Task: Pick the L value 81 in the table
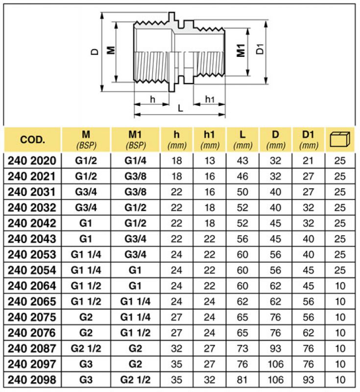pyautogui.click(x=242, y=380)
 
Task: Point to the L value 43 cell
pyautogui.click(x=242, y=160)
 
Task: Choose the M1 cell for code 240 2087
pyautogui.click(x=135, y=348)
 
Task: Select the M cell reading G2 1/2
pyautogui.click(x=86, y=348)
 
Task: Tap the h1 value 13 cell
pyautogui.click(x=209, y=160)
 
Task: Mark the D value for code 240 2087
pyautogui.click(x=276, y=348)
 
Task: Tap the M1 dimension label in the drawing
pyautogui.click(x=241, y=50)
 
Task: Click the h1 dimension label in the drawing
pyautogui.click(x=210, y=99)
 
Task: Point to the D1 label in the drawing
pyautogui.click(x=261, y=49)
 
